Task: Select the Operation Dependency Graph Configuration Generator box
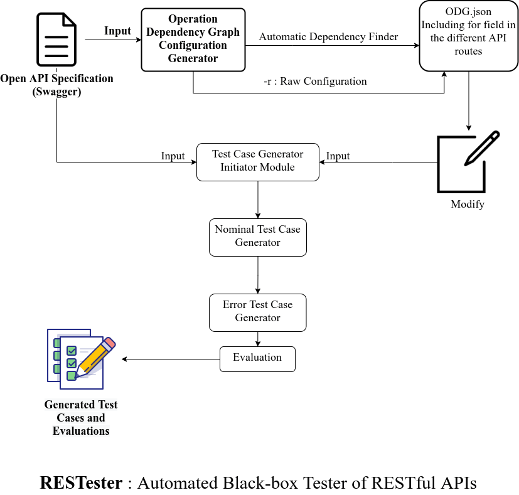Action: coord(193,39)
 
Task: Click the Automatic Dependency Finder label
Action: coord(328,37)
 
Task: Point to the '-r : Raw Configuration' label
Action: coord(315,82)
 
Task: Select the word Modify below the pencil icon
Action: coord(468,205)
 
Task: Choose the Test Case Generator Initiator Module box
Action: coord(257,162)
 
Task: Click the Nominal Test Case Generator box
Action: coord(257,237)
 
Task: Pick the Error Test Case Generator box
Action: coord(257,312)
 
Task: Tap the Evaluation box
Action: coord(257,358)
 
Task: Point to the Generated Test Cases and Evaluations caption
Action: coord(81,418)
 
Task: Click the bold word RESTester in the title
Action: coord(82,483)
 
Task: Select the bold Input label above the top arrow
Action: coord(118,31)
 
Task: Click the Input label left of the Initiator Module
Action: coord(173,156)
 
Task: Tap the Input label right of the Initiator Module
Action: coord(338,156)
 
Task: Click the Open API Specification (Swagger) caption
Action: coord(57,85)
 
